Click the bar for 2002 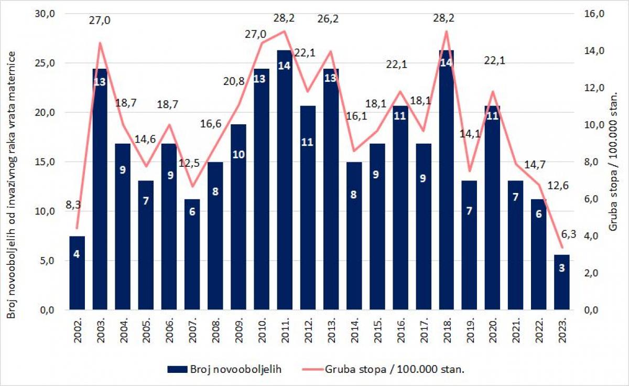[x=77, y=273]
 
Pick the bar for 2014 [x=354, y=235]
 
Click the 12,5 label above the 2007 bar [x=189, y=163]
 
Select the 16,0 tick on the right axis [x=594, y=14]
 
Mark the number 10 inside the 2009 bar [x=238, y=155]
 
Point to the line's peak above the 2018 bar [x=446, y=31]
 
